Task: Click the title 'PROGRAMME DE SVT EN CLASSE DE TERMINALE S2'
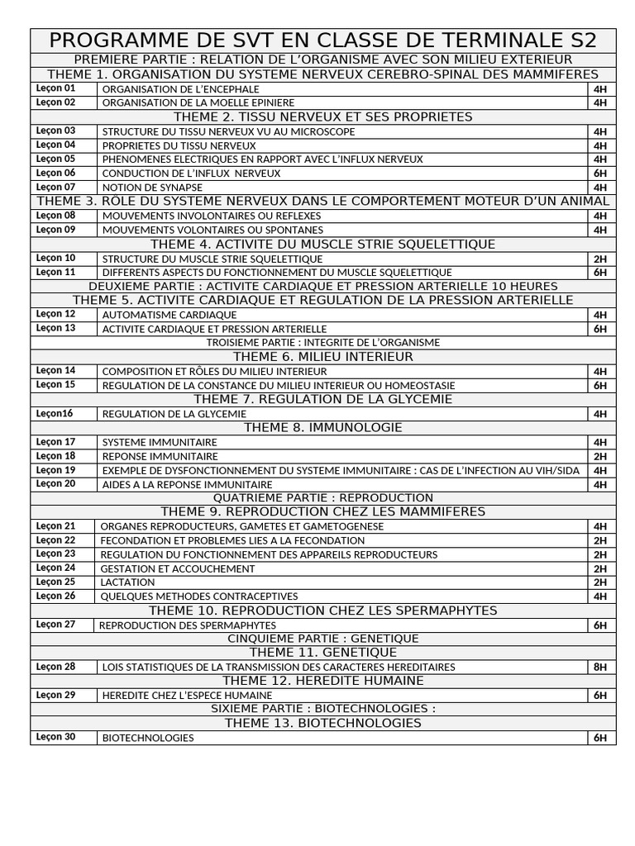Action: (322, 41)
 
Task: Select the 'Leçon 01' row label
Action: (55, 88)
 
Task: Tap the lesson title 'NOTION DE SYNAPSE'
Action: (151, 188)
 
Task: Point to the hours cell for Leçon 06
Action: (599, 173)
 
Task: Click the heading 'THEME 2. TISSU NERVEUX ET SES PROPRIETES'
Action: (322, 116)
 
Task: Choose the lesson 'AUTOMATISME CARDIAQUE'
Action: (169, 315)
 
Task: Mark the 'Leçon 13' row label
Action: (55, 328)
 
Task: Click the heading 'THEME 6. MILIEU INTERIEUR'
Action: (322, 357)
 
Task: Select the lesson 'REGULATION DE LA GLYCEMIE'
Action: (174, 414)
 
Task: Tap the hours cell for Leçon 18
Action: (599, 456)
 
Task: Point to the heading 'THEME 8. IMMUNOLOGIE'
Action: (322, 427)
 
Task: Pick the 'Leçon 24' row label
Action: (55, 568)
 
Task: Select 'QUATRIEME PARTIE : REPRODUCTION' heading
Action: (322, 497)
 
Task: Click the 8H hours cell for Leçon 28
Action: (599, 667)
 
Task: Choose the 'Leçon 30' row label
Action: (55, 737)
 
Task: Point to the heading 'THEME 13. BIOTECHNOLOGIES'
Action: (322, 723)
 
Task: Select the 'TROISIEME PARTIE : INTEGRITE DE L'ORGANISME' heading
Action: (322, 342)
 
